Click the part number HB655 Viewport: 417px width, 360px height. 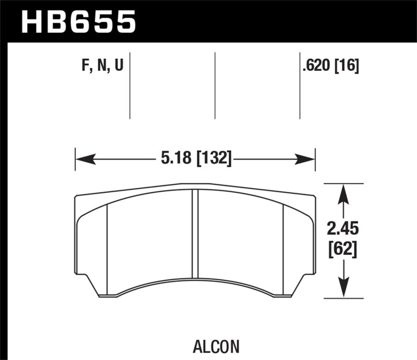[78, 22]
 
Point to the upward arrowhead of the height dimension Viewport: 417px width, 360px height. [342, 194]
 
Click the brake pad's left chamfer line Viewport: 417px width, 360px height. [107, 245]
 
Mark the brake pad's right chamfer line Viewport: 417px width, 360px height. [283, 245]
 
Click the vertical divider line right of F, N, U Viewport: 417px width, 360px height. [130, 85]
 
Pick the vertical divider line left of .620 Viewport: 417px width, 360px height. [300, 85]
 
